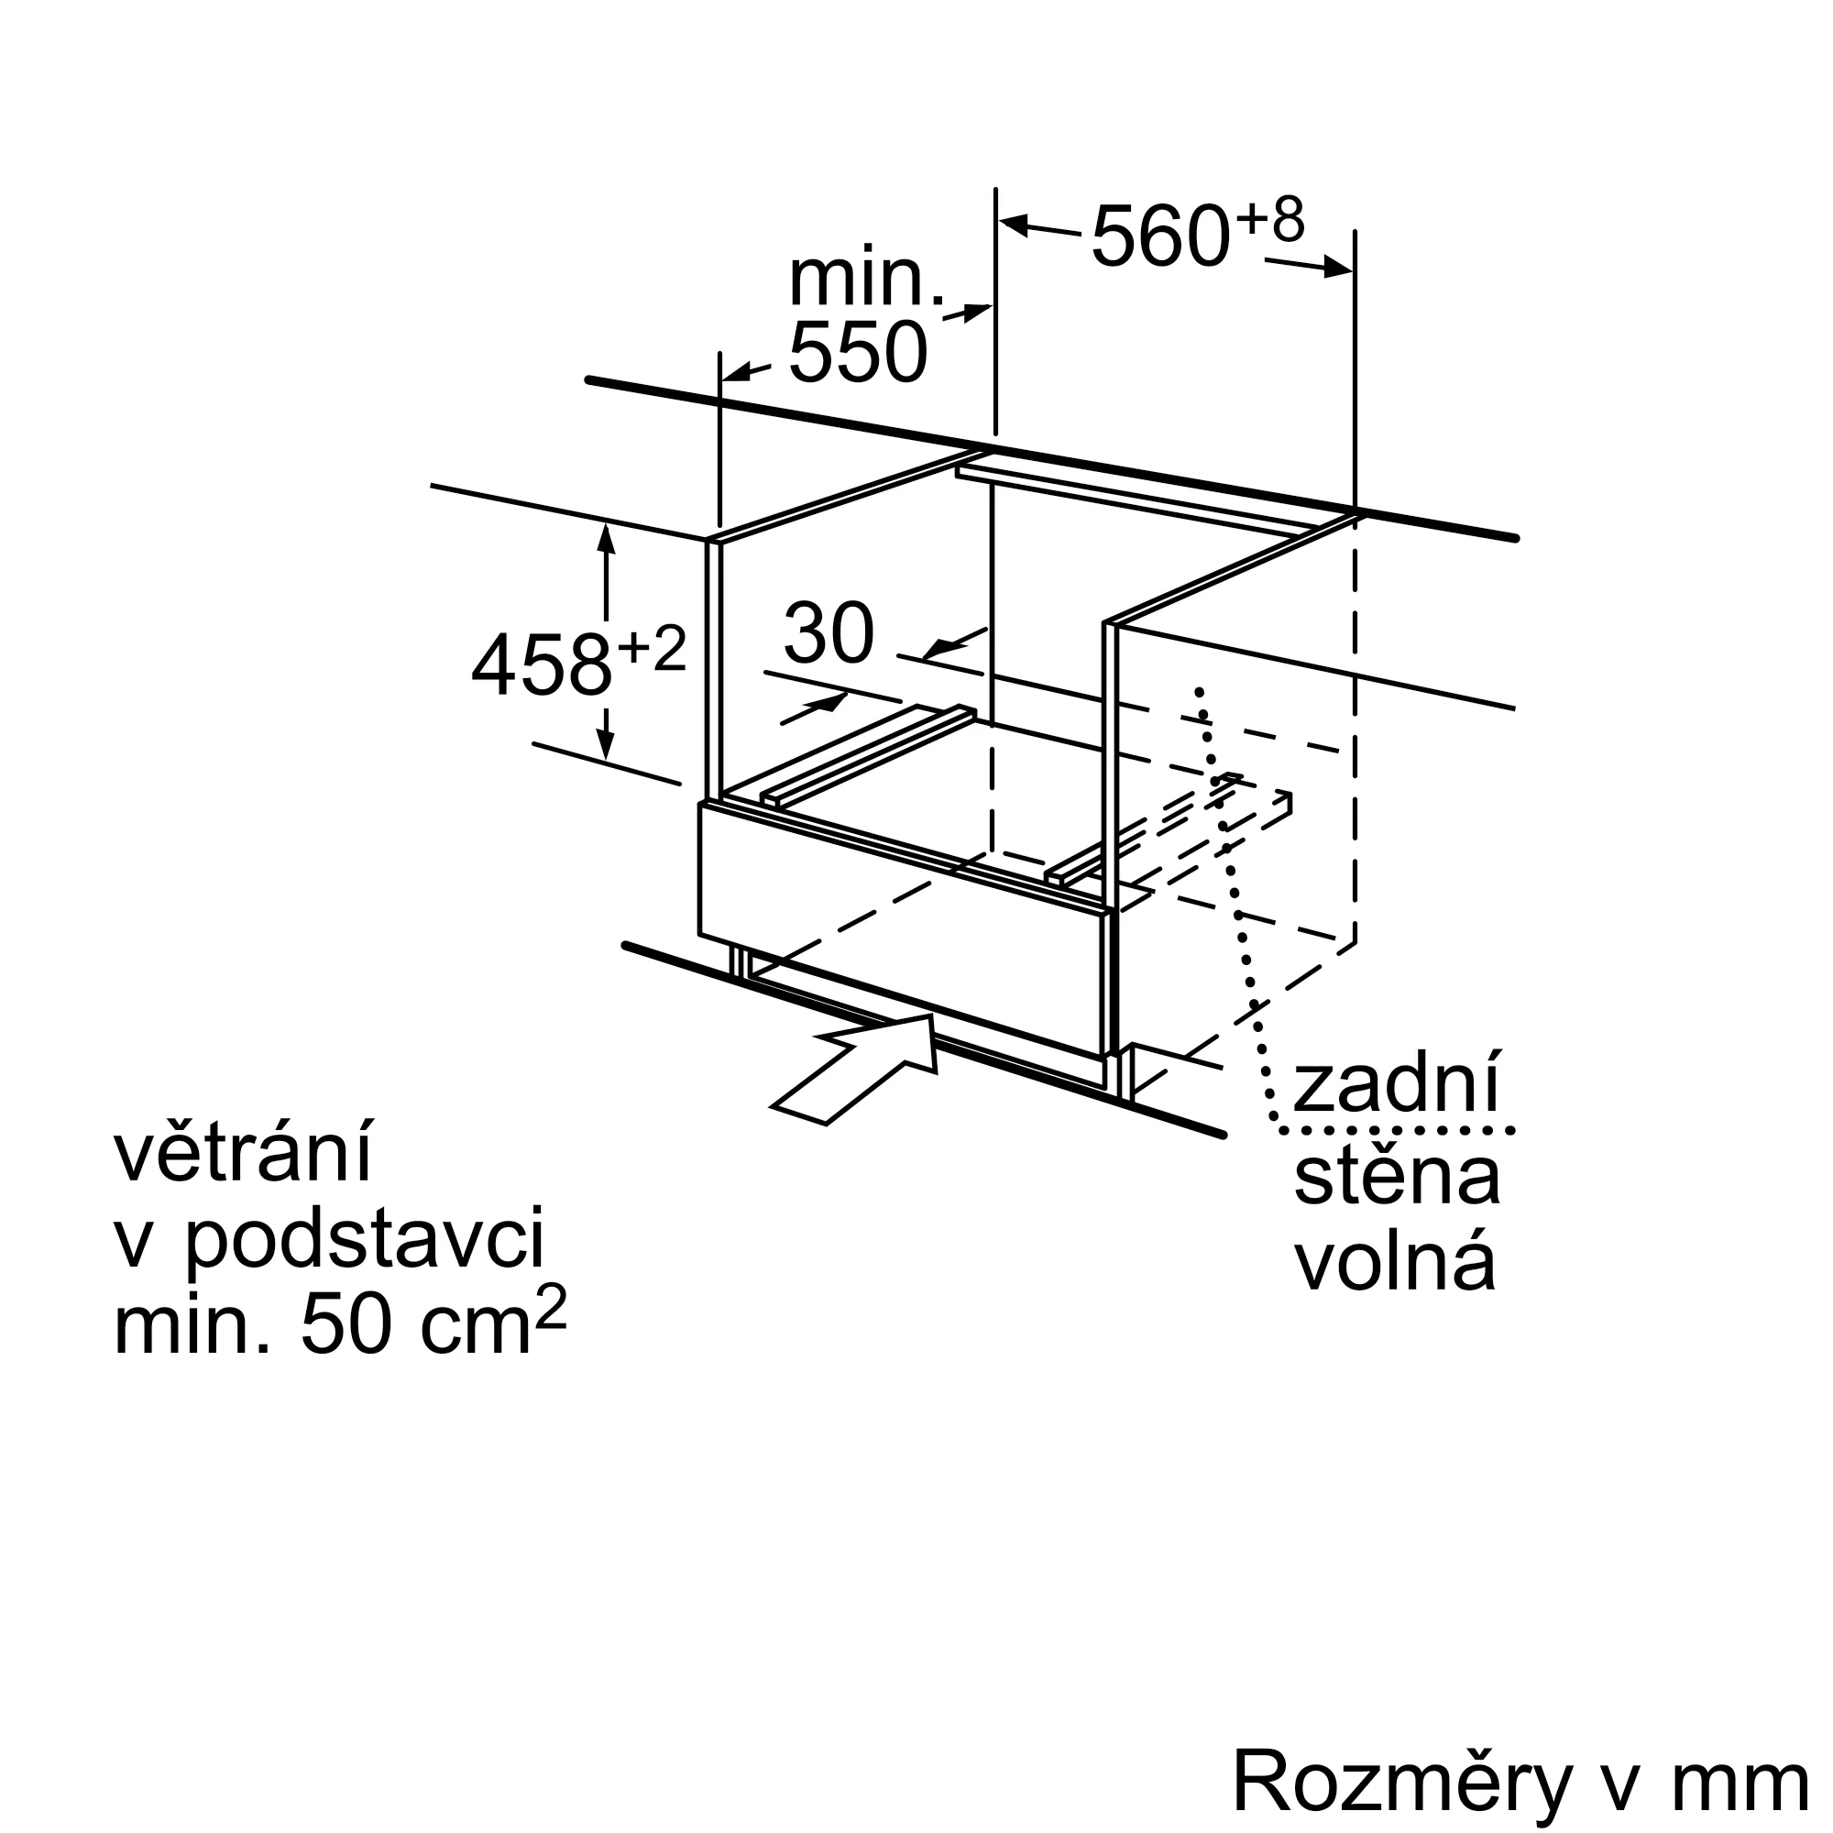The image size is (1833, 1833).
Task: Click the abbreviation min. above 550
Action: click(866, 279)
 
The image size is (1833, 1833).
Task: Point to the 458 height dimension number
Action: click(541, 665)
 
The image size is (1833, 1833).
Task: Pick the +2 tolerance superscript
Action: click(651, 649)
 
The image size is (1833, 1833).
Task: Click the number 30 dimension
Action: click(829, 632)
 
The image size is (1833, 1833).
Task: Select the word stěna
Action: click(1397, 1176)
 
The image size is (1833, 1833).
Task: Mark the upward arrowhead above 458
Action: click(606, 538)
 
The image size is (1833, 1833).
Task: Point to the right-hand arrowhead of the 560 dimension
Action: click(1338, 268)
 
